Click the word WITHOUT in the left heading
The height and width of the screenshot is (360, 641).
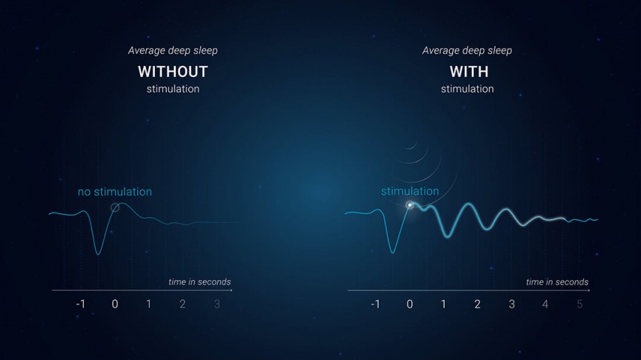[x=173, y=72]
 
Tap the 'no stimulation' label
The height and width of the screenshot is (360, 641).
[x=115, y=192]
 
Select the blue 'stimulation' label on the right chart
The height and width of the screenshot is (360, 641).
[x=410, y=191]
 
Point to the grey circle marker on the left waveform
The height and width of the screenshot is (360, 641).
[x=115, y=208]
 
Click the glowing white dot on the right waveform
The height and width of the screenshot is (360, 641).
[x=410, y=205]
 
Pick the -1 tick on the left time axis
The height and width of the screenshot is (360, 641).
[x=80, y=304]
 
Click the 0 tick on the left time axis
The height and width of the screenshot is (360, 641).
[x=115, y=304]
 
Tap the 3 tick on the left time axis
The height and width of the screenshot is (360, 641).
[x=216, y=304]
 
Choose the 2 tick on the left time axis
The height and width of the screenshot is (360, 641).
[x=182, y=304]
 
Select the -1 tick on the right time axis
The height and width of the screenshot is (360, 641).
[x=375, y=304]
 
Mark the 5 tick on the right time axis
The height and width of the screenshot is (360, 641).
[x=579, y=304]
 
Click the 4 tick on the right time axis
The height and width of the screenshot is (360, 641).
[x=545, y=304]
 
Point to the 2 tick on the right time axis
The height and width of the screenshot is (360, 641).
[x=477, y=304]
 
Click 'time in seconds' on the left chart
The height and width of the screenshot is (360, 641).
[x=199, y=281]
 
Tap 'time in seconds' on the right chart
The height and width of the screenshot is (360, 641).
[x=557, y=281]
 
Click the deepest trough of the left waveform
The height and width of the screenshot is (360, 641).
[x=97, y=254]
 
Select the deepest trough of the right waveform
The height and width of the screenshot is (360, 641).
[x=393, y=253]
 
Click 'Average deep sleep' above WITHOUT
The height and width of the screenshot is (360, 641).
[x=173, y=50]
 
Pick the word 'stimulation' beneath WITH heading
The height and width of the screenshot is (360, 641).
[x=467, y=89]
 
